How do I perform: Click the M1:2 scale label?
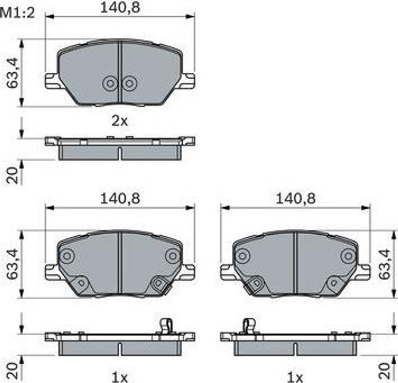tap(17, 13)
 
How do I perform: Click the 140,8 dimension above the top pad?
tap(120, 8)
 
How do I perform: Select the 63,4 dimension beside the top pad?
tap(13, 73)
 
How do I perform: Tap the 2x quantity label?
tap(120, 121)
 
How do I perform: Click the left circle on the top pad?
tap(110, 83)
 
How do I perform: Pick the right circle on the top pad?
tap(129, 83)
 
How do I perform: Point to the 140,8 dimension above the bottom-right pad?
tap(295, 199)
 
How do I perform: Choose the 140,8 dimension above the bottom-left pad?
tap(120, 199)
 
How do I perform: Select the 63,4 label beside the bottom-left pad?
tap(13, 264)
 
